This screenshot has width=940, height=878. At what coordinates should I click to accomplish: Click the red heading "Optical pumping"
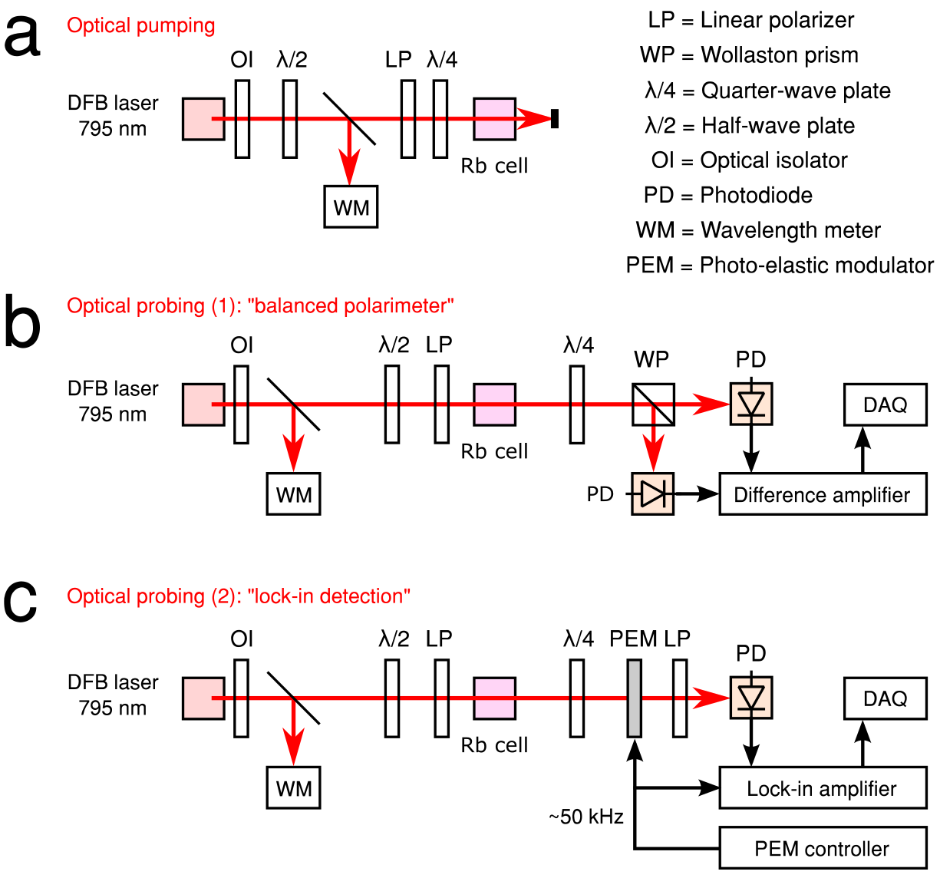[141, 26]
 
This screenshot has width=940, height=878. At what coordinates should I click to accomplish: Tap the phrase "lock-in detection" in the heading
[330, 596]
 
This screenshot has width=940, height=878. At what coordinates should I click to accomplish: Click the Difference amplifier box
[823, 494]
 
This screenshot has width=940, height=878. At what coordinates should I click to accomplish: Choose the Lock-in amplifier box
[823, 789]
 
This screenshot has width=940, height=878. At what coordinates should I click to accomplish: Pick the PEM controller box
[823, 849]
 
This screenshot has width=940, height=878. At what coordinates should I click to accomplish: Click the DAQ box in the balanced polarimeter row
[886, 404]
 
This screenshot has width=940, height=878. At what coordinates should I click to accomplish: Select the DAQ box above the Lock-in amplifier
[886, 698]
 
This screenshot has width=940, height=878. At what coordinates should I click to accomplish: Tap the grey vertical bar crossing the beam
[635, 698]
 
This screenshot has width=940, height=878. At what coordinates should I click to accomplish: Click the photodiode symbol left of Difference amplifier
[653, 494]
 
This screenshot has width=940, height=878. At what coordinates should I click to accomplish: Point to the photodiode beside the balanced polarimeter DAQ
[751, 404]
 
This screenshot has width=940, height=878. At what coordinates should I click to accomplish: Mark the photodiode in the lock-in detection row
[751, 698]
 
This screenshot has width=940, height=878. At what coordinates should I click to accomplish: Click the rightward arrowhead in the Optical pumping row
[534, 119]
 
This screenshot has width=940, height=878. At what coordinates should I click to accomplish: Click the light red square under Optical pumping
[203, 119]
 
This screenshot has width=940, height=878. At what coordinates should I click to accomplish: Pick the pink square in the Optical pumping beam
[494, 119]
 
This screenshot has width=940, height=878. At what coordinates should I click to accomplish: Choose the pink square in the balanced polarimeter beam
[494, 404]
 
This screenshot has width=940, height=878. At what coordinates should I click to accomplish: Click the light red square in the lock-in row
[203, 698]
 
